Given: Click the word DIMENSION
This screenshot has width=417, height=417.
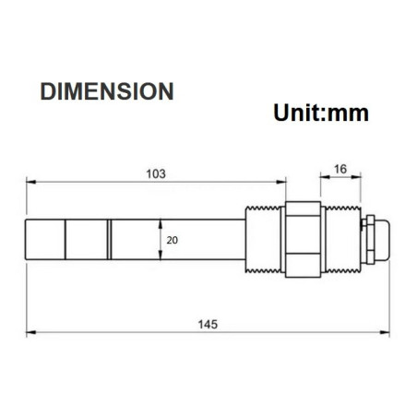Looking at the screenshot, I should click(x=107, y=91).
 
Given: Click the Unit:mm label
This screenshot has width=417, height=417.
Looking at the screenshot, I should click(x=321, y=113).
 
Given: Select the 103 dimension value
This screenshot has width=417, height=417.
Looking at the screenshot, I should click(x=156, y=173).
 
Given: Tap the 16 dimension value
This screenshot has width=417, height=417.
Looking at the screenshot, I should click(x=339, y=168).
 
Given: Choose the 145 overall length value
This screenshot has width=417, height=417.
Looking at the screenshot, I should click(x=208, y=324).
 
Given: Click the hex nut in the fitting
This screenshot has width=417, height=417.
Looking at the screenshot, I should click(x=302, y=239).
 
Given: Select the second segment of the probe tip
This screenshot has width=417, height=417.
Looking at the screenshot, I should click(x=87, y=239).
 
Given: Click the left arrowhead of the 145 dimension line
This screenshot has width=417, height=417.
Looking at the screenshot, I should click(x=30, y=332).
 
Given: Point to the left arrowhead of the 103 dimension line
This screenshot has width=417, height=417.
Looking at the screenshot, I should click(x=30, y=182).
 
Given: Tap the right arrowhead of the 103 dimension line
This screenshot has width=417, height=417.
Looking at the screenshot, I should click(x=281, y=182).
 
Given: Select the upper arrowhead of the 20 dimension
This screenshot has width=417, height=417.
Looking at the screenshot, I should click(x=161, y=221).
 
